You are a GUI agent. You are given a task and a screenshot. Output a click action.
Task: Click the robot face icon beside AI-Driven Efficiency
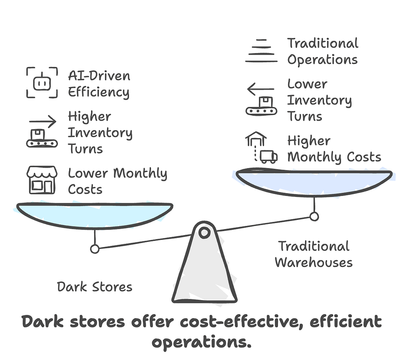coord(42,83)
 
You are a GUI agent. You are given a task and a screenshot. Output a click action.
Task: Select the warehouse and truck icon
coord(261,148)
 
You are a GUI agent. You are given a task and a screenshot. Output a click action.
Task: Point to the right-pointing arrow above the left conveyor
coord(43,121)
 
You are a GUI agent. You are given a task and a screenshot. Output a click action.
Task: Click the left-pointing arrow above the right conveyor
coord(260,89)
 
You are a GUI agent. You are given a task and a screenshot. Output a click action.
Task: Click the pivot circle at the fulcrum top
coord(204,232)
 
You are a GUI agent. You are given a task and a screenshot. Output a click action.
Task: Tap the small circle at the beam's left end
coord(95,249)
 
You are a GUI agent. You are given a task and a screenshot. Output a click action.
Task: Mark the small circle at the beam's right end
coord(314,217)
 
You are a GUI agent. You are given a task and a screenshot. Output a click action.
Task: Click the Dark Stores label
coord(95,287)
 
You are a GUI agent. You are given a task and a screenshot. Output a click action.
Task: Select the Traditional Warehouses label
coord(314,254)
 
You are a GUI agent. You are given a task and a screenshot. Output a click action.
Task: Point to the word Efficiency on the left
coord(99,92)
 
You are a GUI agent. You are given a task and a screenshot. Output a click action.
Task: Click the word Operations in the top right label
coord(322,60)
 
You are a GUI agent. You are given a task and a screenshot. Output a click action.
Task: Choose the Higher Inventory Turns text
coord(100,133)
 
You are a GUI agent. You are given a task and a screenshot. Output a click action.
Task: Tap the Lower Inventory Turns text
coord(319,100)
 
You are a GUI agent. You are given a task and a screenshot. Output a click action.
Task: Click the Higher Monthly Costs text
coord(334,149)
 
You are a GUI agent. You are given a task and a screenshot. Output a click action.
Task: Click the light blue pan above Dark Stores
coord(95,215)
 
